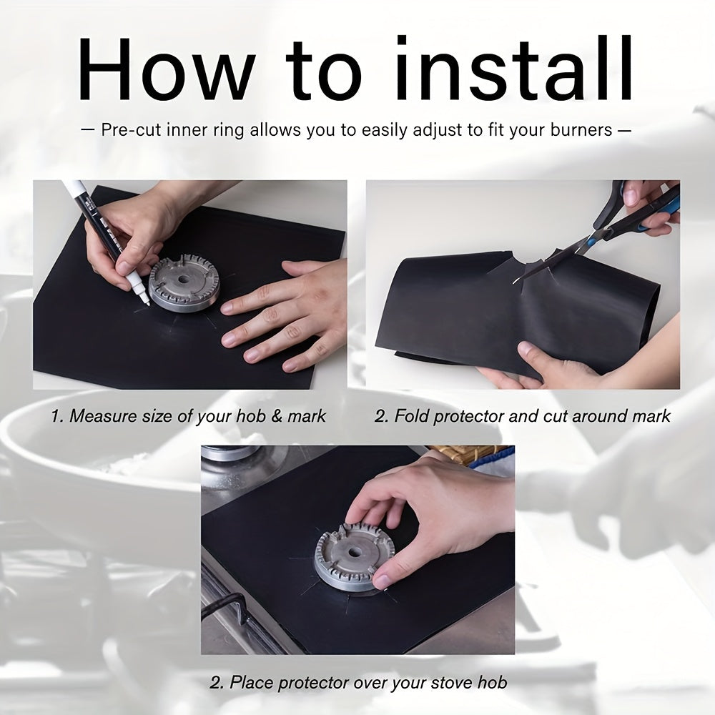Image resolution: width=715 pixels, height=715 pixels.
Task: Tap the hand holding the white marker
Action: click(129, 236)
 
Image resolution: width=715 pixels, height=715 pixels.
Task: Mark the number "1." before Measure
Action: click(57, 416)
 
